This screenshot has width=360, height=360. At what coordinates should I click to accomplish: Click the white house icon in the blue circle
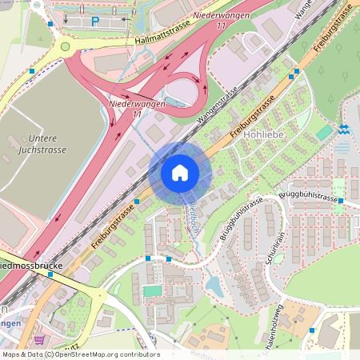coord(180,173)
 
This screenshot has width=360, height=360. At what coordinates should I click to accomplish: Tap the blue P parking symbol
coord(94,22)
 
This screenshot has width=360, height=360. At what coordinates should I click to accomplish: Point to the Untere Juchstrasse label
coord(41,143)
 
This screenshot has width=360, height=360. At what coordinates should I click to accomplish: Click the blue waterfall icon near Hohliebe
coord(343,129)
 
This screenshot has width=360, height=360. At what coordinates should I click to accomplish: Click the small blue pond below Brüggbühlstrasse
coord(213,283)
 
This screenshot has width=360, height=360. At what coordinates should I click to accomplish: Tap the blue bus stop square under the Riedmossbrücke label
coord(50,274)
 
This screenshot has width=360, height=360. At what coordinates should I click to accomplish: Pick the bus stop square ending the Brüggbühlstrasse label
coord(341,200)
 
